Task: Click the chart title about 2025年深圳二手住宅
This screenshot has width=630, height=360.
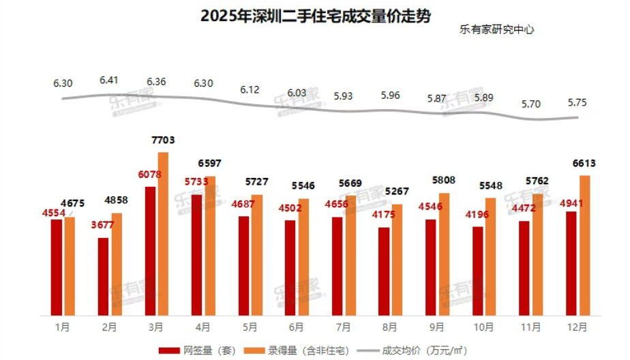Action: coord(316,16)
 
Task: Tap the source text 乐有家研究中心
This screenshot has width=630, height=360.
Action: coord(496,30)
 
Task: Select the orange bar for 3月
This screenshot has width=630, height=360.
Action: coord(163,233)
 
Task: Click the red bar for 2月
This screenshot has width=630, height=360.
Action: coord(103,276)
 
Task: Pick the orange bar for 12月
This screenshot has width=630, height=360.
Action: coord(584,245)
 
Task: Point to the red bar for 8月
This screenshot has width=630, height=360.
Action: coord(384,271)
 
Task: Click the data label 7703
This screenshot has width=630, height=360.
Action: coord(163,140)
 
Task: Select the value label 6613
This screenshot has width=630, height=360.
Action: coord(584,164)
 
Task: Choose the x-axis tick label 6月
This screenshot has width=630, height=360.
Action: coord(297,327)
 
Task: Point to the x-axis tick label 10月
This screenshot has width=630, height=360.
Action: coord(483,327)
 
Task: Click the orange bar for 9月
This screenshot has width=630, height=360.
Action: coord(444,254)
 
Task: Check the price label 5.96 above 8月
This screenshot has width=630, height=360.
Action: coord(390,95)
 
